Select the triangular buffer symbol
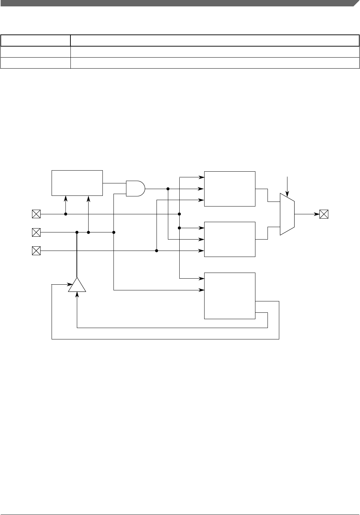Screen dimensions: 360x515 tap(77, 285)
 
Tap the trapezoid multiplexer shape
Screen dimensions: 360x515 tap(287, 214)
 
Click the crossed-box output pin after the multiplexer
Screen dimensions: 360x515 tap(324, 214)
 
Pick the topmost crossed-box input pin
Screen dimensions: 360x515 tap(36, 214)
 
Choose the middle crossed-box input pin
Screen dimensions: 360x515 tap(36, 232)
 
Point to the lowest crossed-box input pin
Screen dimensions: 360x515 tap(36, 251)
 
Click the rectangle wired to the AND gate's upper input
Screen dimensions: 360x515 tap(77, 183)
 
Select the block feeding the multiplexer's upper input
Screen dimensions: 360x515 tap(229, 189)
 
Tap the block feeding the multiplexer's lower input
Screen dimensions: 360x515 tap(229, 239)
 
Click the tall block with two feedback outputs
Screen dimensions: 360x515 tap(229, 296)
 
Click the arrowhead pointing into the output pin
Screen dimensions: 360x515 tap(317, 214)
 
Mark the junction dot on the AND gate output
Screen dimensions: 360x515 tap(168, 189)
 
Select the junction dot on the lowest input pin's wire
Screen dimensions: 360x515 tap(157, 251)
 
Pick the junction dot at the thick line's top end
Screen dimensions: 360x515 tap(77, 232)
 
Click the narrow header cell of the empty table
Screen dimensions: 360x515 tap(36, 41)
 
